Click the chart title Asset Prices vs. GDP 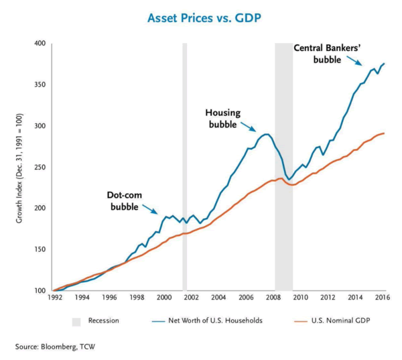201,17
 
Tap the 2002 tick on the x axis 192,297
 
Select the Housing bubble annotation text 222,119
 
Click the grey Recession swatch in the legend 76,320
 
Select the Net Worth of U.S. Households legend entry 201,320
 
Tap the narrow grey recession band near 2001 184,168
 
